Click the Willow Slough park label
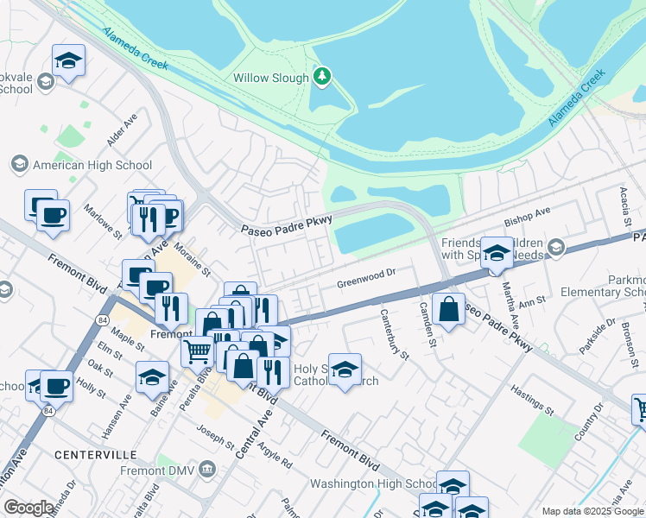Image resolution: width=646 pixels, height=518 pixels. [271, 78]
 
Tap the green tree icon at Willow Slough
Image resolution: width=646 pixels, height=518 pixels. [322, 78]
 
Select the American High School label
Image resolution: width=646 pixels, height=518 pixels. [92, 165]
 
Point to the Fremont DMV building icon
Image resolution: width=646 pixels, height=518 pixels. [206, 469]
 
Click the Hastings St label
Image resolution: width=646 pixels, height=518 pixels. [531, 398]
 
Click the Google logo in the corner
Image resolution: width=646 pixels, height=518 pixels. [28, 508]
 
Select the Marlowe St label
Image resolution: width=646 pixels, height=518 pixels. [103, 219]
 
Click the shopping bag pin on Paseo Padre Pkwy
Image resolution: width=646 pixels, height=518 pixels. [449, 309]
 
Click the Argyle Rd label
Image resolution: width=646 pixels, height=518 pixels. [275, 452]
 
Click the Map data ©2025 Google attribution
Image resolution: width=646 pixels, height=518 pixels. [593, 511]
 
